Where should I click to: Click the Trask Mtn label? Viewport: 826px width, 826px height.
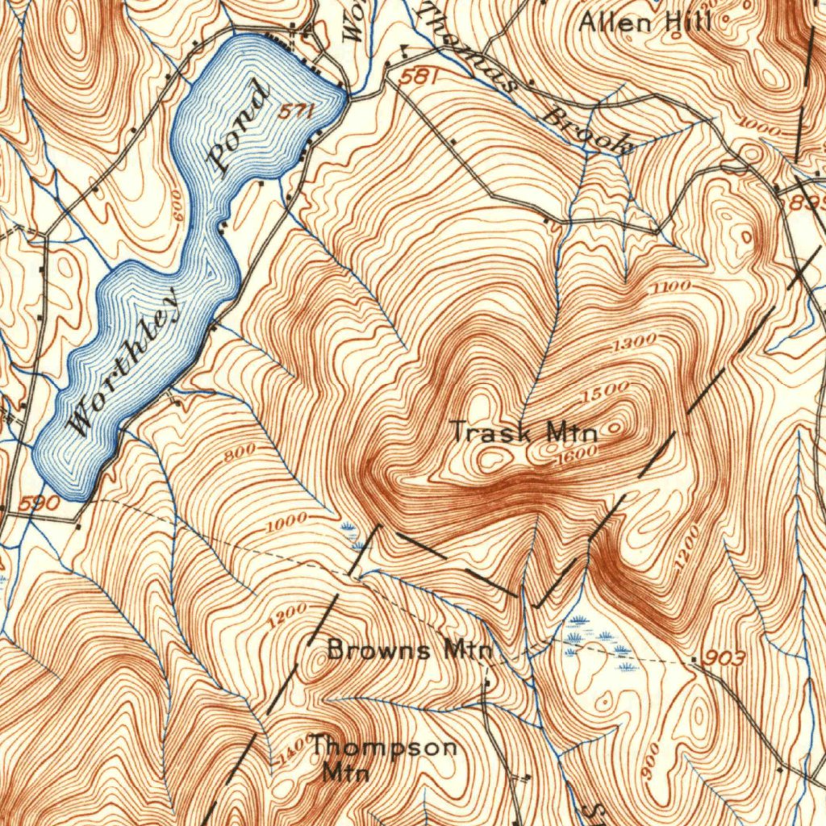click(x=524, y=432)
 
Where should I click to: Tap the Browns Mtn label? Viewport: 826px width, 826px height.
click(x=409, y=650)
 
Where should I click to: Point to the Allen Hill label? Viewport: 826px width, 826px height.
click(x=645, y=22)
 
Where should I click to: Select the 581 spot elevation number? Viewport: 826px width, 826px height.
click(x=420, y=77)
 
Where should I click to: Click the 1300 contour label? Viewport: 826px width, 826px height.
click(x=634, y=344)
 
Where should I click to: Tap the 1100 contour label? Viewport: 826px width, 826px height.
click(x=671, y=287)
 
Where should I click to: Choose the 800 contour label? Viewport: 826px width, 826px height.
click(x=240, y=454)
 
